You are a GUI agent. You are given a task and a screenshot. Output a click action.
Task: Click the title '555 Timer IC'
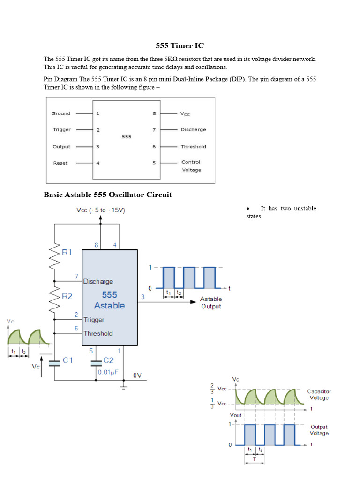click(x=180, y=46)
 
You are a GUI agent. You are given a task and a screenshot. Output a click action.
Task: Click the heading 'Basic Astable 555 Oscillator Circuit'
click(x=107, y=195)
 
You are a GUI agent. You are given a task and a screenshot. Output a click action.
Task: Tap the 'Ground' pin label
click(x=61, y=113)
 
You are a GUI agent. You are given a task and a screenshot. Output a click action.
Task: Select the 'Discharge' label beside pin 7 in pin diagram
click(x=193, y=130)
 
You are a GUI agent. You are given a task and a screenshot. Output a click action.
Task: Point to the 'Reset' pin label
click(x=60, y=163)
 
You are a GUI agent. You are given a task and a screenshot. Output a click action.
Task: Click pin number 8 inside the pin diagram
click(x=154, y=113)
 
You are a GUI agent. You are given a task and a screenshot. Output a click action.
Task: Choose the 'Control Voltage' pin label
click(x=191, y=166)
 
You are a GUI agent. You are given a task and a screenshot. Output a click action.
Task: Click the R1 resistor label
click(x=67, y=252)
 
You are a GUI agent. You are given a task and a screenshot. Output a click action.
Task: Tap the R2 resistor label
click(x=67, y=296)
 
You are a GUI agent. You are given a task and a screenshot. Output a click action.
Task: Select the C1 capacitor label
click(x=68, y=360)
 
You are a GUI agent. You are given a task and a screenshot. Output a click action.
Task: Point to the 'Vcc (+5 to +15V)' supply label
click(x=100, y=210)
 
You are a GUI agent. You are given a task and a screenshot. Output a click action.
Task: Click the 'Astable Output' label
click(x=211, y=303)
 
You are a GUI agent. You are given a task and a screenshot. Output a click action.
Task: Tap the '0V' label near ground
click(x=137, y=375)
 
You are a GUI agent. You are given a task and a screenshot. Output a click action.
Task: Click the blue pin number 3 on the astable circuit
click(x=142, y=297)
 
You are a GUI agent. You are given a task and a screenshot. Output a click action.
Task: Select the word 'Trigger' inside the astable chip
click(x=94, y=320)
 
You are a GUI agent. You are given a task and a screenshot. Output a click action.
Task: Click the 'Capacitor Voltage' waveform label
click(x=319, y=394)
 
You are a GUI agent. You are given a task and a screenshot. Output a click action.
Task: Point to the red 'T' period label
click(x=255, y=459)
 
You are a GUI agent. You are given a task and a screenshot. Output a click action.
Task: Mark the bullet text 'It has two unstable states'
click(x=281, y=212)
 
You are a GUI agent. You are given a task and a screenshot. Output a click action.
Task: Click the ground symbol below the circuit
click(x=124, y=386)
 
